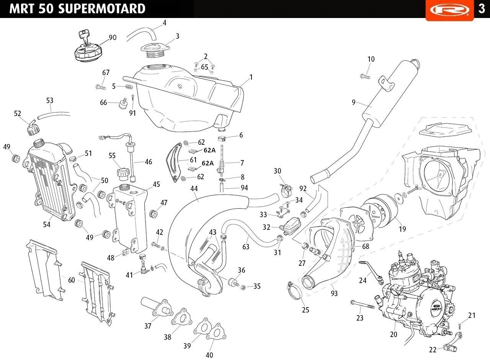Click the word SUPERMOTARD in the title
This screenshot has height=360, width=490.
102,9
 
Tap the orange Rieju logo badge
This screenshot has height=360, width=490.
449,10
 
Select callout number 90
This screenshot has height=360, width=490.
113,38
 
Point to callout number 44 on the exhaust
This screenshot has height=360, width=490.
194,188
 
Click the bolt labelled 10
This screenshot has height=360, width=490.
365,76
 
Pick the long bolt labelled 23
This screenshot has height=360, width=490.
362,304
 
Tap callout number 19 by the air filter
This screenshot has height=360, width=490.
402,229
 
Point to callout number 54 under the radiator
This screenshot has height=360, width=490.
47,224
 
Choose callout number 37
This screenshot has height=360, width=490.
148,326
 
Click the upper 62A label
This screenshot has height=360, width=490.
209,150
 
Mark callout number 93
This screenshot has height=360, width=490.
334,293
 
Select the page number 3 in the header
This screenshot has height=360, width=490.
482,9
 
